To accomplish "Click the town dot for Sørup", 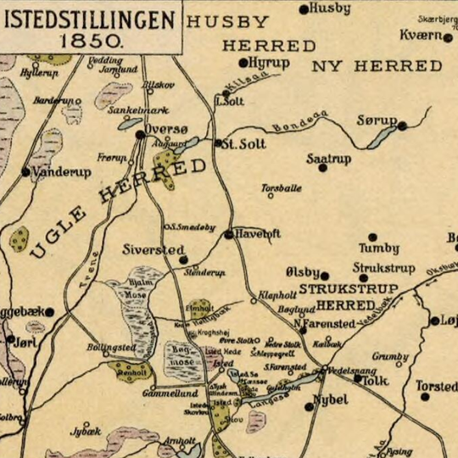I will [402, 126].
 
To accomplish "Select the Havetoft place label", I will [258, 233].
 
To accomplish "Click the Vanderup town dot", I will [25, 171].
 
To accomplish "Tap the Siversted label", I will [153, 250].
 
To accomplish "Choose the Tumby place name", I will [378, 249].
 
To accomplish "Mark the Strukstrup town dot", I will [364, 278].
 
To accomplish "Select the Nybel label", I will [331, 399].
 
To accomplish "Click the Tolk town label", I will [374, 382].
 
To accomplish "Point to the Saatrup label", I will [328, 158].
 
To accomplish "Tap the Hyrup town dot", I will [243, 63].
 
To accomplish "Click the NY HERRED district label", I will [377, 66].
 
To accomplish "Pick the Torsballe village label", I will [281, 187].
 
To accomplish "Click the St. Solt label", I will [243, 143].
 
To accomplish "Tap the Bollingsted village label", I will [110, 348].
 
